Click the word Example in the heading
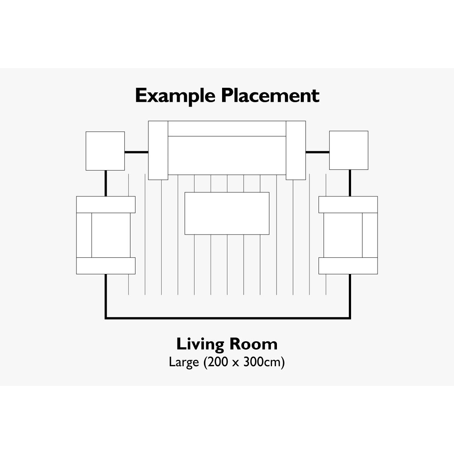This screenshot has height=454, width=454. [175, 96]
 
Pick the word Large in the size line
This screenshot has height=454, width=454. [184, 362]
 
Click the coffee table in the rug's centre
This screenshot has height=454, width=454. [227, 213]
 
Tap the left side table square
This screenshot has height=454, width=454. [105, 151]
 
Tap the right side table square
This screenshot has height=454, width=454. [349, 150]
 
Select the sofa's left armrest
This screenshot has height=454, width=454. [158, 150]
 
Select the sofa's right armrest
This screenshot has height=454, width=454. [296, 150]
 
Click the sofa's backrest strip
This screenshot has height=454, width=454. [227, 129]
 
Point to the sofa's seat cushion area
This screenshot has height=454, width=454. [227, 155]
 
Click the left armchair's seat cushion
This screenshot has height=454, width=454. [111, 235]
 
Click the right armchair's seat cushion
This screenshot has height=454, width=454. [343, 235]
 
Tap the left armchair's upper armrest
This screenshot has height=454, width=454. [106, 205]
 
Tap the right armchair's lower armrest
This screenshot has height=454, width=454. [348, 266]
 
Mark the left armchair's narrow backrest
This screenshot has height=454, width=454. [84, 235]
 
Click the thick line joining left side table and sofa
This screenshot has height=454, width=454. [137, 152]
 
